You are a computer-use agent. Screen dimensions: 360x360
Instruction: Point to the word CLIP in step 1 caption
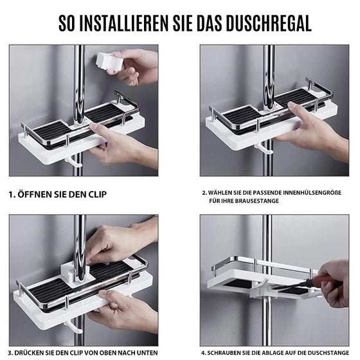[95, 194]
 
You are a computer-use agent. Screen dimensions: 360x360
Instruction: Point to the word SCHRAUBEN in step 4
[228, 352]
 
